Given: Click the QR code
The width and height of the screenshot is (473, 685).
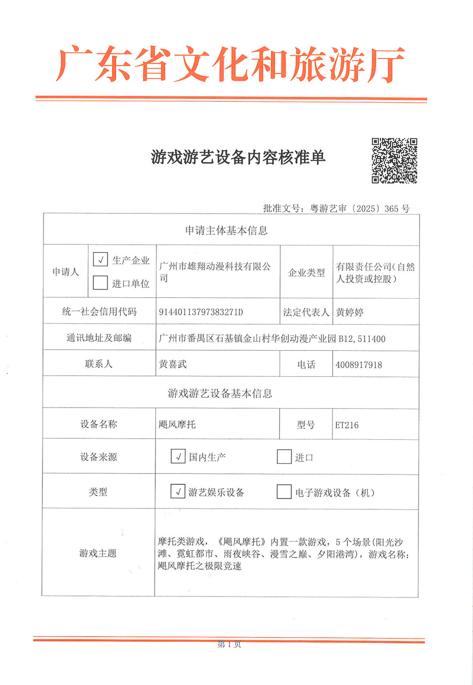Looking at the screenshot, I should coord(394,160).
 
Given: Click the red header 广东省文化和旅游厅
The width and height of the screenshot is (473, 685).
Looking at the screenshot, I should coord(230,65).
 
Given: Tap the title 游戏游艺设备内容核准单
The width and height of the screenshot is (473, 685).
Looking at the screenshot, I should coord(238,157).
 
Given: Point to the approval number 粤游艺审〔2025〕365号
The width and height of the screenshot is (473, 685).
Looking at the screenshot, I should coord(359,208).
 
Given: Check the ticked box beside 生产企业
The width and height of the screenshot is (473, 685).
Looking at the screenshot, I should coord(100,259).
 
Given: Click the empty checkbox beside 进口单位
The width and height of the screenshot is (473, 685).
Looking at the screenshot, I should coord(100,283).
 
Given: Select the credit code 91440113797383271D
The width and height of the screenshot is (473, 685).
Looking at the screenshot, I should coord(201,312).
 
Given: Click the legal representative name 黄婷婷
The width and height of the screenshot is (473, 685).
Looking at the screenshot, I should coord(350,312).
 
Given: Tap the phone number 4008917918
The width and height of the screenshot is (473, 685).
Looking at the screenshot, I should coord(359,365).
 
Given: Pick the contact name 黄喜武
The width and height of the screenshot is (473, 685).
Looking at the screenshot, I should coord(173,364).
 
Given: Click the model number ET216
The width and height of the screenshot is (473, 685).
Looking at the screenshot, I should coord(347,425).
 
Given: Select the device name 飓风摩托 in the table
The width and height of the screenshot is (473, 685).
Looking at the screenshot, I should coord(177,425).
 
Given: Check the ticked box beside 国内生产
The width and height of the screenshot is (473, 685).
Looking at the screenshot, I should coord(178,456).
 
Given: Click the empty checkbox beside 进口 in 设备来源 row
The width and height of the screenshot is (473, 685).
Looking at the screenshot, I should coord(284,457).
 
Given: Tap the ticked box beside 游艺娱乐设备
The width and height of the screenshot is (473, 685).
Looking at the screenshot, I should coord(178,491).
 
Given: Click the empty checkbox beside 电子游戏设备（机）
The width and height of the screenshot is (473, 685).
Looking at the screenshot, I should coord(284,492).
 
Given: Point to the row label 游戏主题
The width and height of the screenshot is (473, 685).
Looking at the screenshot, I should coord(98,553).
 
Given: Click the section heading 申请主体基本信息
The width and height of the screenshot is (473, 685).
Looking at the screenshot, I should coord(226,231).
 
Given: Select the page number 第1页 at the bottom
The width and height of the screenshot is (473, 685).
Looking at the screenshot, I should coord(229,644).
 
